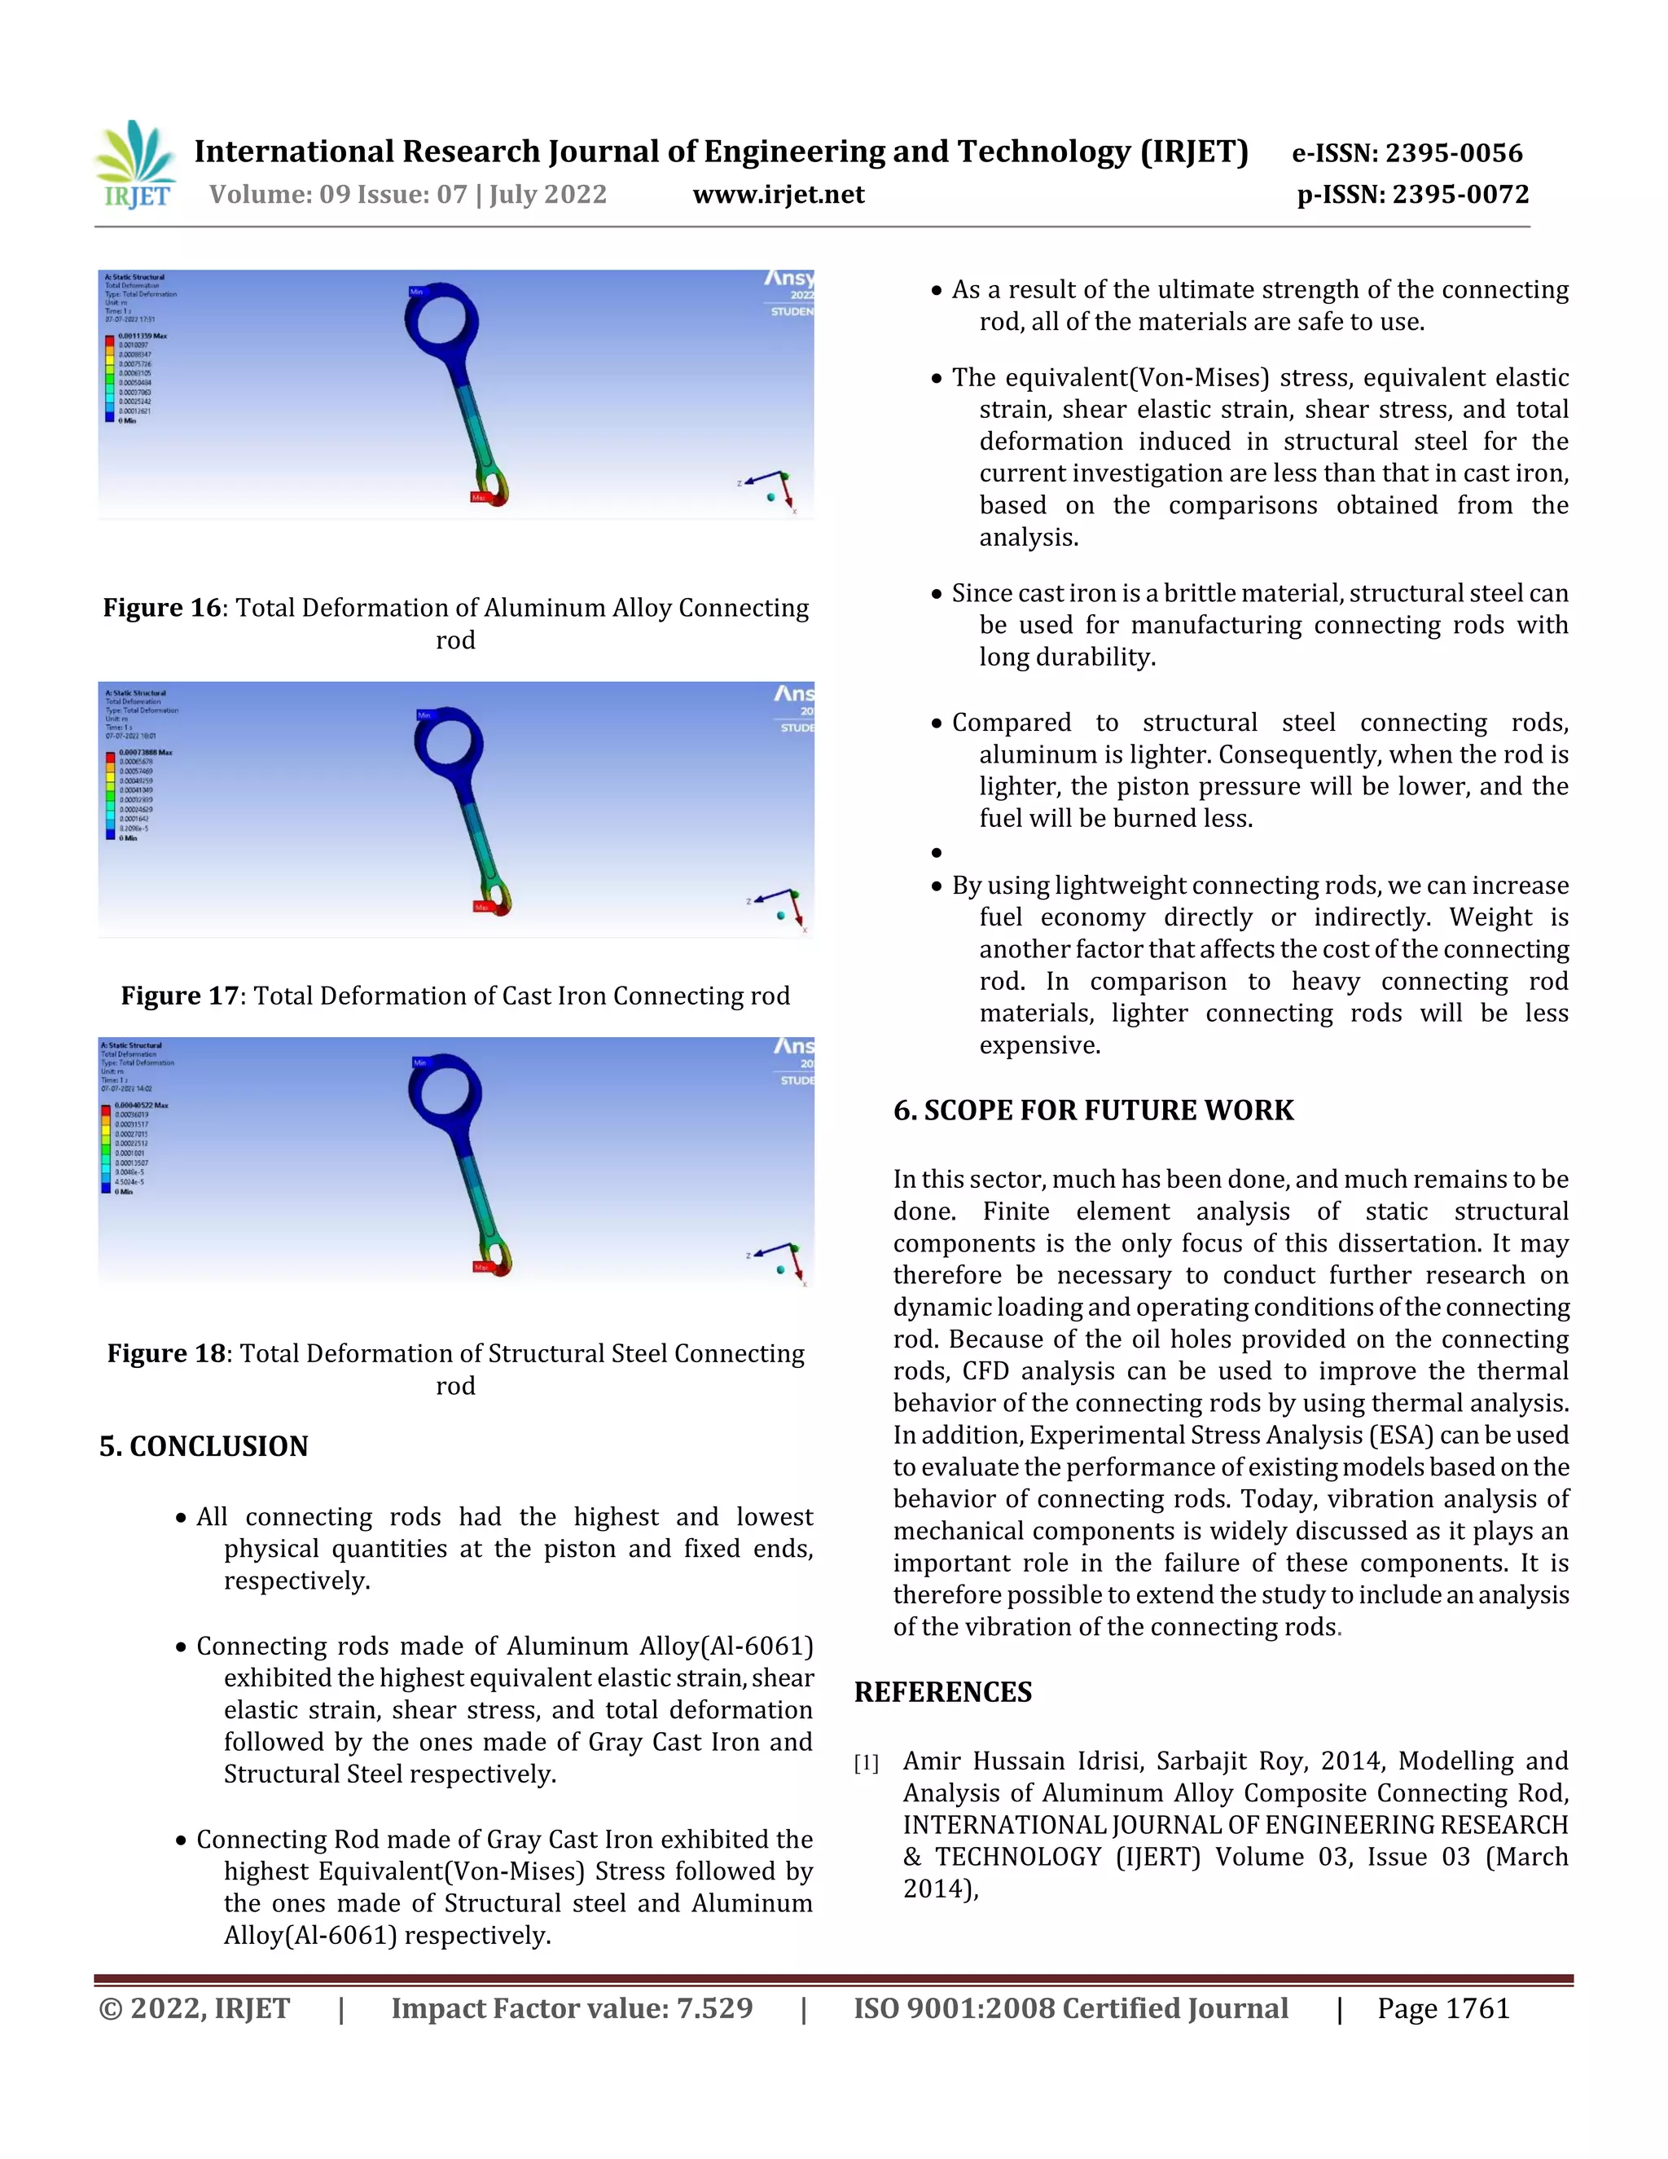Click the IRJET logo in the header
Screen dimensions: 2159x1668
point(135,165)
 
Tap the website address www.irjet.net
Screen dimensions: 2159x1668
point(778,195)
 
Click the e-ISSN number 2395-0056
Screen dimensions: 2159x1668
point(1454,153)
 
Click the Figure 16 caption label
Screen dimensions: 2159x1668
point(162,608)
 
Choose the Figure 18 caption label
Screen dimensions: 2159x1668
point(166,1353)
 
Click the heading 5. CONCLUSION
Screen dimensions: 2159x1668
point(204,1446)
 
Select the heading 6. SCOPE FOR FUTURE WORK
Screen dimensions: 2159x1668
point(1093,1110)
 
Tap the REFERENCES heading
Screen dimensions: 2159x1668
point(942,1692)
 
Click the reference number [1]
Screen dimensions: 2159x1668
point(866,1762)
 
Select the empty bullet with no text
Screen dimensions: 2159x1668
point(936,853)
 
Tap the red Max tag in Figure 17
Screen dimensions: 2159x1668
point(481,907)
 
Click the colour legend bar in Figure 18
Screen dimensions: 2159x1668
point(106,1149)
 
